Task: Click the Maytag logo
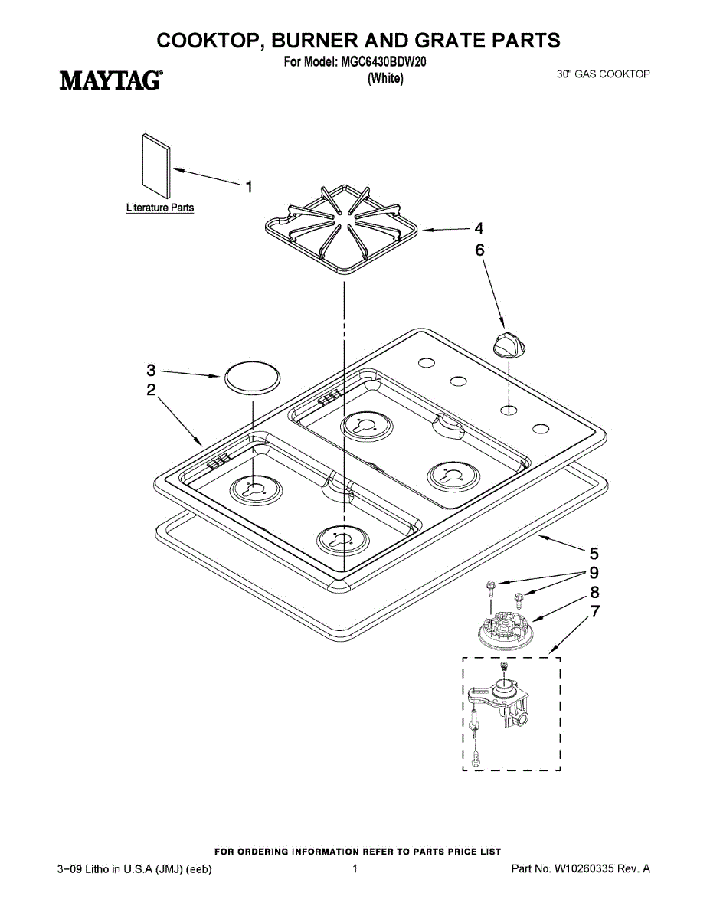[110, 80]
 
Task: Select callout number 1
[249, 185]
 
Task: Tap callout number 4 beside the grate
[479, 228]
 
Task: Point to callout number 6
[480, 250]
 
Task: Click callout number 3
[152, 370]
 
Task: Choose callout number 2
[152, 390]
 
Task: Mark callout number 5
[594, 553]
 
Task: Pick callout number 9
[594, 573]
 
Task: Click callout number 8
[594, 592]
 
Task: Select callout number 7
[594, 611]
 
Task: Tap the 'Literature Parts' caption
[160, 208]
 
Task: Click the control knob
[508, 344]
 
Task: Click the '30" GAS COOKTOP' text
[603, 74]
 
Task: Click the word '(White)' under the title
[385, 78]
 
